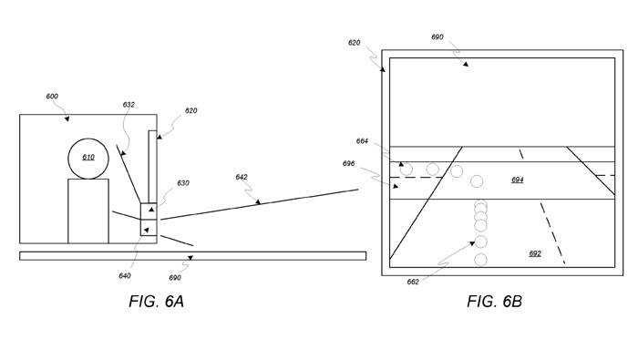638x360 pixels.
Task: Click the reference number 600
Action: point(52,97)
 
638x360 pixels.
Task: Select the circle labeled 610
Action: point(88,139)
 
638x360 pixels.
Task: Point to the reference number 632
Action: point(129,105)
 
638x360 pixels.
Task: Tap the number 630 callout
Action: point(183,183)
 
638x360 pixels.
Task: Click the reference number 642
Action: point(242,177)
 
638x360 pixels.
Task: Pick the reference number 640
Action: point(125,276)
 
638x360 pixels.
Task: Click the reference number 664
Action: point(362,141)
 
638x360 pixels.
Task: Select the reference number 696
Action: point(349,163)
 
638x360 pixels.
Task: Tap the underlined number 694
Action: point(518,180)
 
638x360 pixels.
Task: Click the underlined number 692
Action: point(535,253)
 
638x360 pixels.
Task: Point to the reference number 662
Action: point(413,282)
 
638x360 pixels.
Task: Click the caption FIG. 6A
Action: point(157,302)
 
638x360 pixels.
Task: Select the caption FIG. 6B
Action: point(494,302)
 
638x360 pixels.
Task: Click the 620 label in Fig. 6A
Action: point(190,110)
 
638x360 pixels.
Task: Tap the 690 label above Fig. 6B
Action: point(437,37)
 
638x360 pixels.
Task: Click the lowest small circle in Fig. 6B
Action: point(480,260)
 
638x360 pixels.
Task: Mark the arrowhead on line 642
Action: point(258,201)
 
